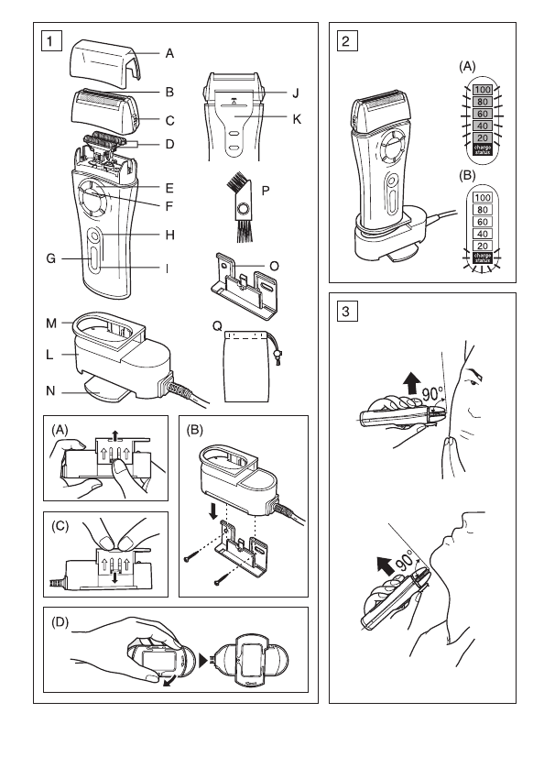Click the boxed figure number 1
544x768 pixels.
coord(51,40)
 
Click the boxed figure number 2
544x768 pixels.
coord(347,40)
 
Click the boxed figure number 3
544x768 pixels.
coord(347,311)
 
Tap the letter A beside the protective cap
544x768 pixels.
coord(169,53)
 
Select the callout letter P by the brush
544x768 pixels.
coord(266,191)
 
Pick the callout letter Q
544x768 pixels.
coord(217,326)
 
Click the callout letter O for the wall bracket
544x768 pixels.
coord(274,266)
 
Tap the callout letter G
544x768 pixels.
coord(51,258)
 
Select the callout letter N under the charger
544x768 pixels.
coord(50,390)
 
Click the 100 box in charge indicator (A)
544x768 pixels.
coord(483,90)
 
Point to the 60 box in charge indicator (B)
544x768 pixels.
coord(483,222)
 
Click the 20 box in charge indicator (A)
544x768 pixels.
coord(483,138)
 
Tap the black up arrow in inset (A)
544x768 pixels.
coord(115,435)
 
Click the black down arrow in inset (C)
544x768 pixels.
coord(115,577)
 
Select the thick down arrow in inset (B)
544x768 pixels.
coord(213,511)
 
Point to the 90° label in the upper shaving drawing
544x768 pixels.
coord(433,393)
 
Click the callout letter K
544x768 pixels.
coord(297,119)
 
